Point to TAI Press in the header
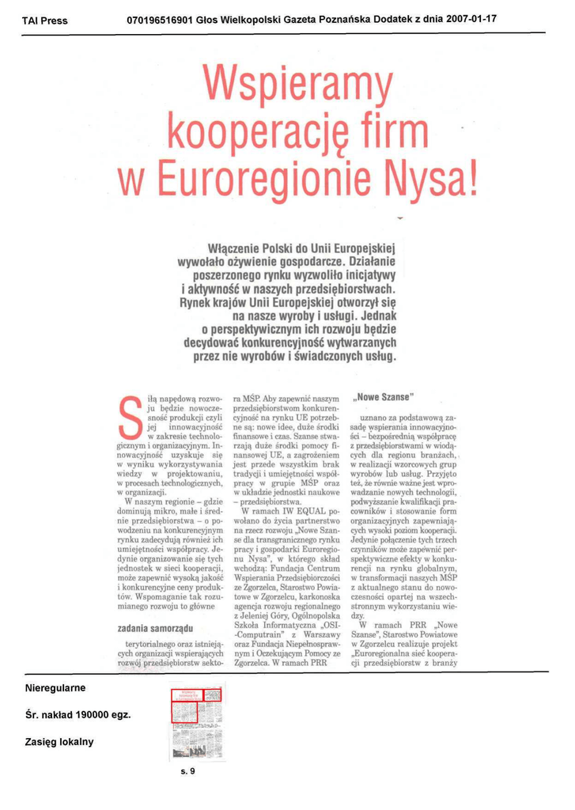(44, 21)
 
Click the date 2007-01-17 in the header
(471, 19)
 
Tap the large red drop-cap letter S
(125, 419)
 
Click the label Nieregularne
(55, 687)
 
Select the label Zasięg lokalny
(59, 741)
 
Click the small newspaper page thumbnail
(196, 721)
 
